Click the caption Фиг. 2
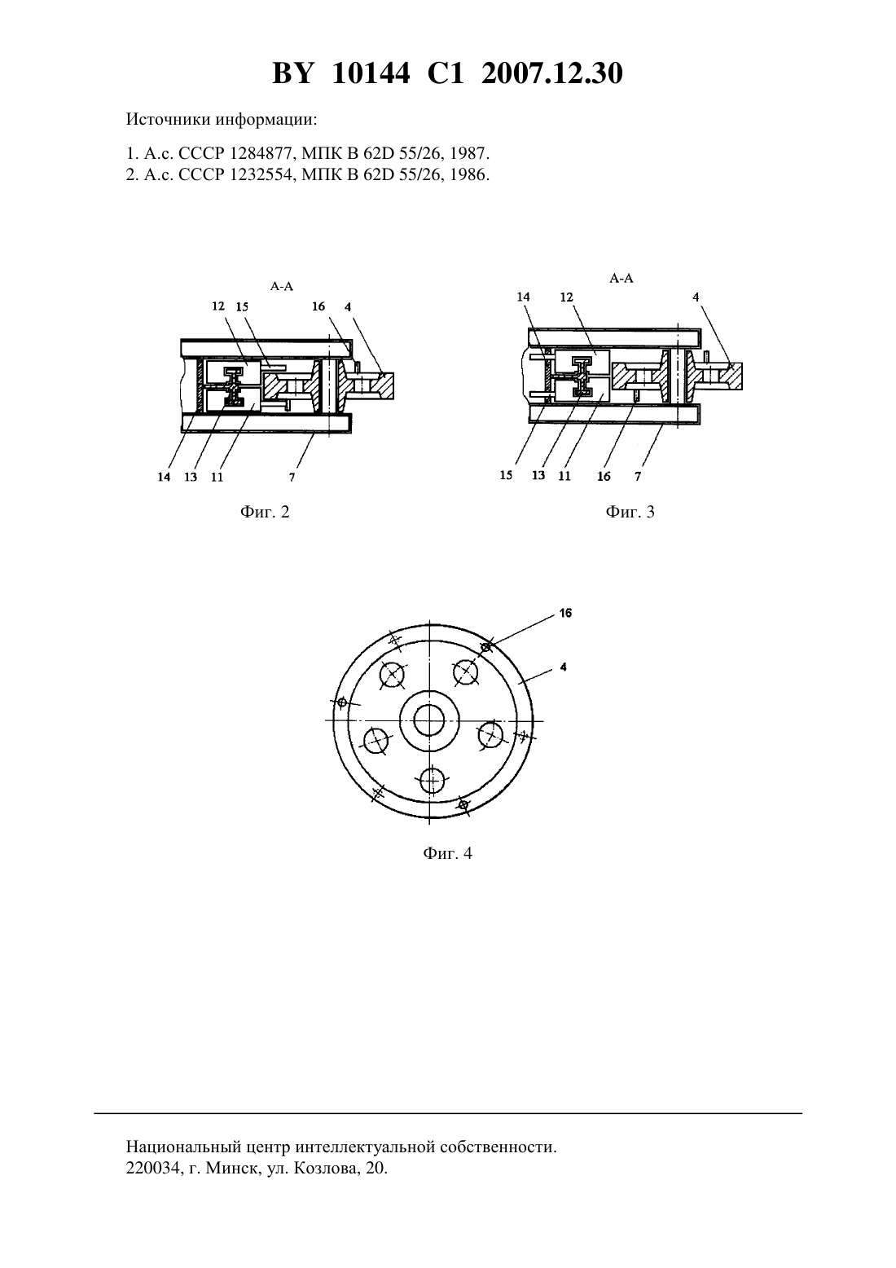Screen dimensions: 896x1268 tap(265, 513)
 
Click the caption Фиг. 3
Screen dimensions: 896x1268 tap(630, 513)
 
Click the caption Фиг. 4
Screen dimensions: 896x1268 tap(447, 853)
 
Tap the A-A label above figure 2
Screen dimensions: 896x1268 tap(282, 286)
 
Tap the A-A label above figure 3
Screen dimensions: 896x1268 tap(621, 279)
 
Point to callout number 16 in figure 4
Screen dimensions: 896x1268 tap(565, 613)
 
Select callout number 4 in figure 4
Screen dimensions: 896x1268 tap(564, 667)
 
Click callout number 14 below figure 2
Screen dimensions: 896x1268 tap(164, 478)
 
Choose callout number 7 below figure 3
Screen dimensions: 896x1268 tap(638, 477)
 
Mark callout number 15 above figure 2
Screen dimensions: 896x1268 tap(242, 306)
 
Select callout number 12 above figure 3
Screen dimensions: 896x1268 tap(566, 297)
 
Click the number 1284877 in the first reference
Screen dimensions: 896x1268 tap(261, 154)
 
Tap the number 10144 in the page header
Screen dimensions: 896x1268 tap(371, 73)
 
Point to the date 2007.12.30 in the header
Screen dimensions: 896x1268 tap(552, 73)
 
